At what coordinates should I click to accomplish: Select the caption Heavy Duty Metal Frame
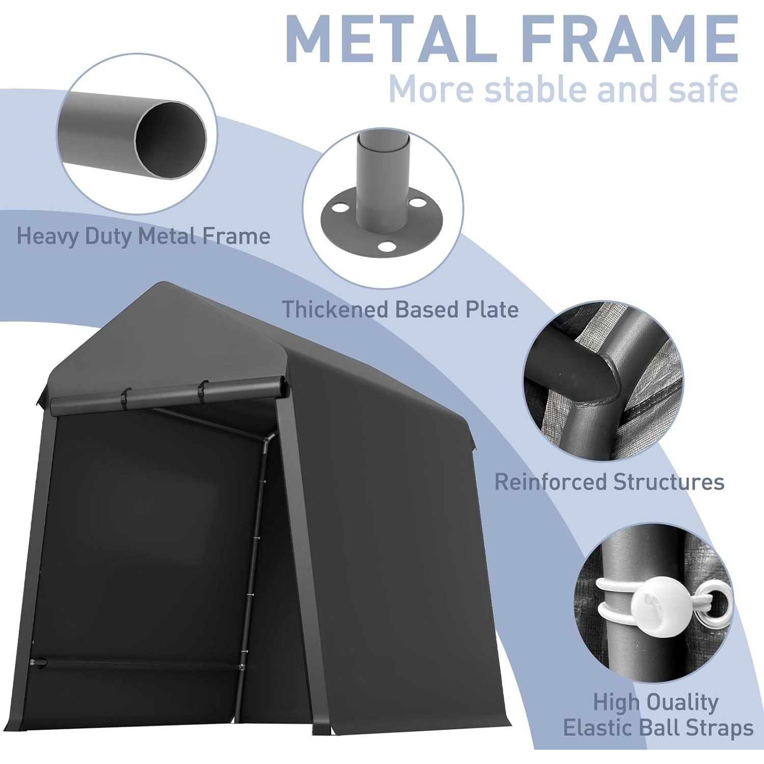coord(143,236)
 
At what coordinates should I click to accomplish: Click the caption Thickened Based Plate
coord(401,309)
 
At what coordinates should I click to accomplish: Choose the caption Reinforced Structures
coord(609,482)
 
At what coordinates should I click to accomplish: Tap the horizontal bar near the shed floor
coord(138,664)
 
